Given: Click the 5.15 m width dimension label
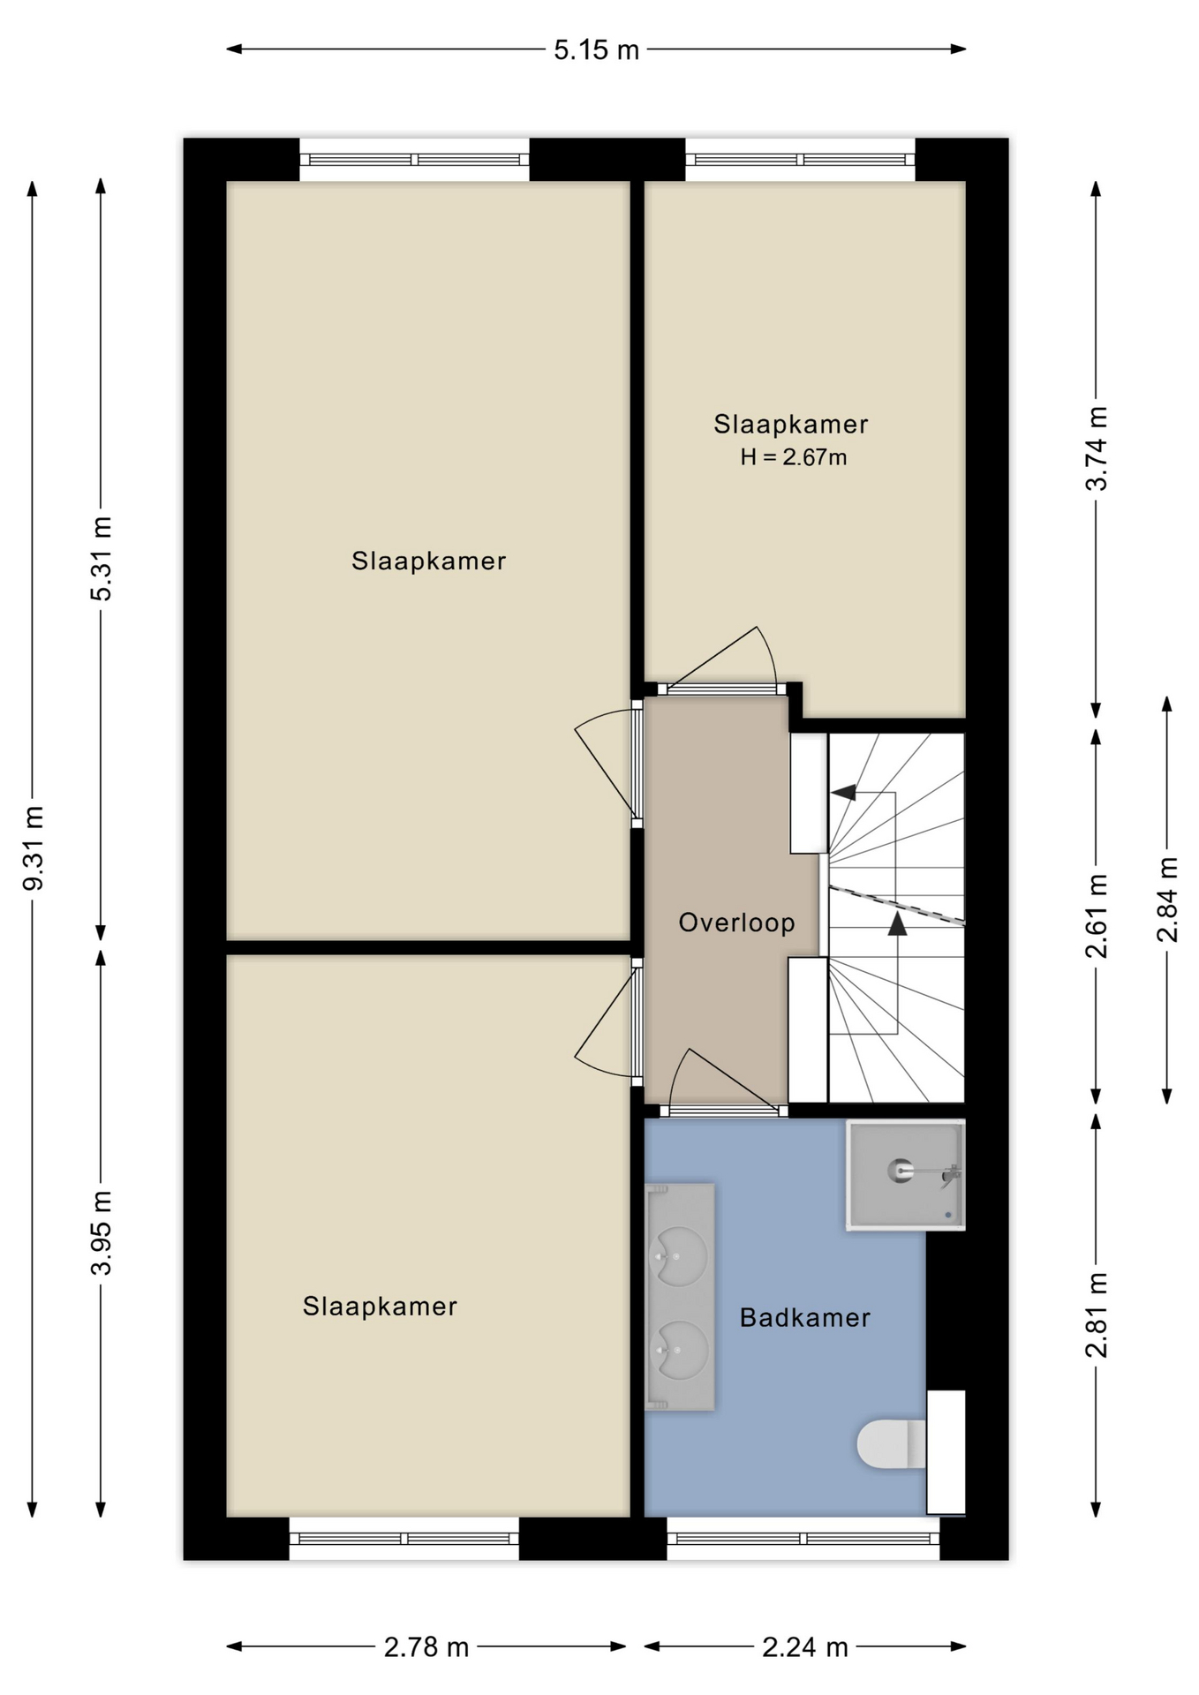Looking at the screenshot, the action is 596,50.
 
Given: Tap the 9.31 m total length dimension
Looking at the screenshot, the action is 33,847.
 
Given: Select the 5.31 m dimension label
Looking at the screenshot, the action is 102,559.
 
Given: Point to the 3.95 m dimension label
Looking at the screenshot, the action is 102,1232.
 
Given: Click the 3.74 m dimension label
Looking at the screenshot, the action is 1097,448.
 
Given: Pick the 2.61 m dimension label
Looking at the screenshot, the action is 1097,915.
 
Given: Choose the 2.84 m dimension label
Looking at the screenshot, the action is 1167,900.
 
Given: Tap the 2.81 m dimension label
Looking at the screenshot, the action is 1097,1315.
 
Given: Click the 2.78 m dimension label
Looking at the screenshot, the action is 426,1646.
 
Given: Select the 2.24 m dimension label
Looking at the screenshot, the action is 805,1646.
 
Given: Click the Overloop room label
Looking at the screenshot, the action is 736,923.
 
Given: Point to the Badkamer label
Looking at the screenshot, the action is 805,1318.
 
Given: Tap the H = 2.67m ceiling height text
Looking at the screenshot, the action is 794,457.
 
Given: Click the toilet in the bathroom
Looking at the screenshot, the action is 892,1443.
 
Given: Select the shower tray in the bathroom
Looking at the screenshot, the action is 905,1174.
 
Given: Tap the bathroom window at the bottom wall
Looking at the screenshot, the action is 803,1539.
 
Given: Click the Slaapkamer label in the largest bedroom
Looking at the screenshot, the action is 429,561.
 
